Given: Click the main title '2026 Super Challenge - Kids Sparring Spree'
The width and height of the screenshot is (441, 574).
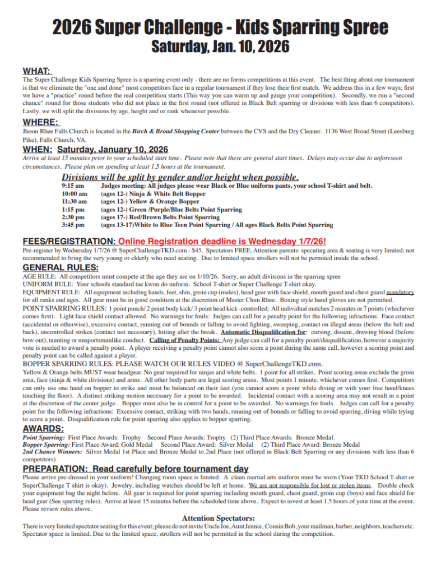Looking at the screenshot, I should point(220,26).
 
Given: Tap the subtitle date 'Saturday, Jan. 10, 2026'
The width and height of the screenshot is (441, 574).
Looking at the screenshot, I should point(220,47).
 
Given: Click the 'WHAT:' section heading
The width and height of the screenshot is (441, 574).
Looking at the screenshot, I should point(37,71).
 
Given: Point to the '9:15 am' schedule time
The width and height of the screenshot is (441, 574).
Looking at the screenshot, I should point(73,186).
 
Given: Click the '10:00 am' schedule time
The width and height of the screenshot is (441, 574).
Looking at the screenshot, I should point(75,193).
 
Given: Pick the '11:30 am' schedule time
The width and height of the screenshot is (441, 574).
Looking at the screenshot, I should point(75,201).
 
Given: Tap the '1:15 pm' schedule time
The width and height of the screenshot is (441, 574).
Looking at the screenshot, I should point(73,210).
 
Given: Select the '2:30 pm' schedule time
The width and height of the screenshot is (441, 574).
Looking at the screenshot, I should point(73,217).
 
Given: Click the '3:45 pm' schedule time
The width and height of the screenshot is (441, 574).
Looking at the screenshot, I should point(73,225).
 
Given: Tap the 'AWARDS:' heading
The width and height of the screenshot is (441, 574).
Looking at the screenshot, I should point(43,429).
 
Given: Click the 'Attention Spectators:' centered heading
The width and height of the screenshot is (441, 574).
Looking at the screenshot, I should point(219,518).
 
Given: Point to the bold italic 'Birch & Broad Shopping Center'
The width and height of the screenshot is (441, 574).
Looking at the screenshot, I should point(177,131).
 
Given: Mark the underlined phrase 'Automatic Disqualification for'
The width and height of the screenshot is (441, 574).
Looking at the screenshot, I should point(259,331).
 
